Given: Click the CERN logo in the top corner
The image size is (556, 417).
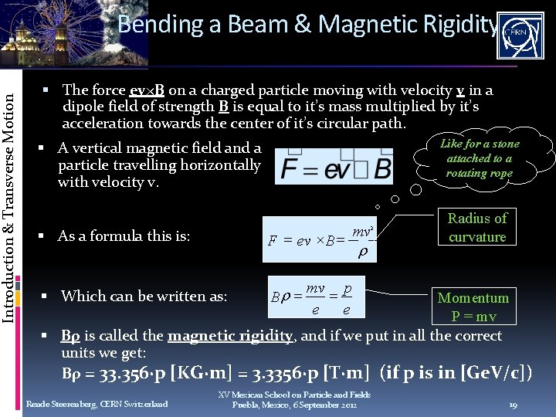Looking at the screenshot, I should [523, 36].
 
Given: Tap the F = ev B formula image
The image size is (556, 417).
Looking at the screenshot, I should [335, 167].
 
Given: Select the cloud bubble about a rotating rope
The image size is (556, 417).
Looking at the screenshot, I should [480, 158].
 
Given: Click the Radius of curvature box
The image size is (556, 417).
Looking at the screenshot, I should [477, 228].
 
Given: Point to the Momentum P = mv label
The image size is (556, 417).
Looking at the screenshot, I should [473, 307].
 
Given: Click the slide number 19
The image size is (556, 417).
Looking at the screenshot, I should [513, 404].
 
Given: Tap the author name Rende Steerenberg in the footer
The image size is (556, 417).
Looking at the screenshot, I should [97, 404].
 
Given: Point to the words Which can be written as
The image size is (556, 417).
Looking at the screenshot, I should [144, 296].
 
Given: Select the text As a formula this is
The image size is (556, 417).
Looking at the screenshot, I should [124, 236].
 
